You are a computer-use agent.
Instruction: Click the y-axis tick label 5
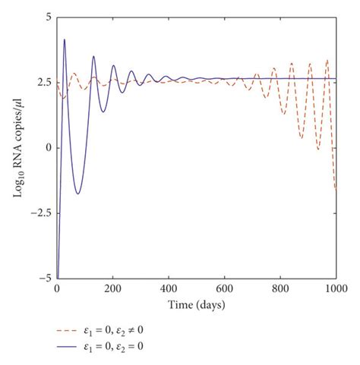(x=48, y=16)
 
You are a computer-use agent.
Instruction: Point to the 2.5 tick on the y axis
(x=44, y=81)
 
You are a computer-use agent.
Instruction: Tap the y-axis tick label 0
(x=48, y=147)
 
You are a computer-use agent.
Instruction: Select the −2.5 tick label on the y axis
(x=41, y=213)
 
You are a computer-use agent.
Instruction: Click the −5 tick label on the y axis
(x=45, y=278)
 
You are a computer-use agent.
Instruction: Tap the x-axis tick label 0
(x=57, y=289)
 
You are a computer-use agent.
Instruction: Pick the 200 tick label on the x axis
(x=112, y=289)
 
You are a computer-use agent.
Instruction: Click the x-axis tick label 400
(x=169, y=289)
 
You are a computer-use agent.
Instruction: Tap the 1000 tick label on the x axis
(x=336, y=289)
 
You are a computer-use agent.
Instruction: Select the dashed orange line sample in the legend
(x=70, y=331)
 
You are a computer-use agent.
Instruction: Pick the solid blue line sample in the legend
(x=70, y=347)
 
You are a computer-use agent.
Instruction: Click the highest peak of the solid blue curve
(x=65, y=39)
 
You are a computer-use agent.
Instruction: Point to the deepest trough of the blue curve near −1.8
(x=77, y=194)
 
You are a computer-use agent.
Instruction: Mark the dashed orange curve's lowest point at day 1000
(x=336, y=191)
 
